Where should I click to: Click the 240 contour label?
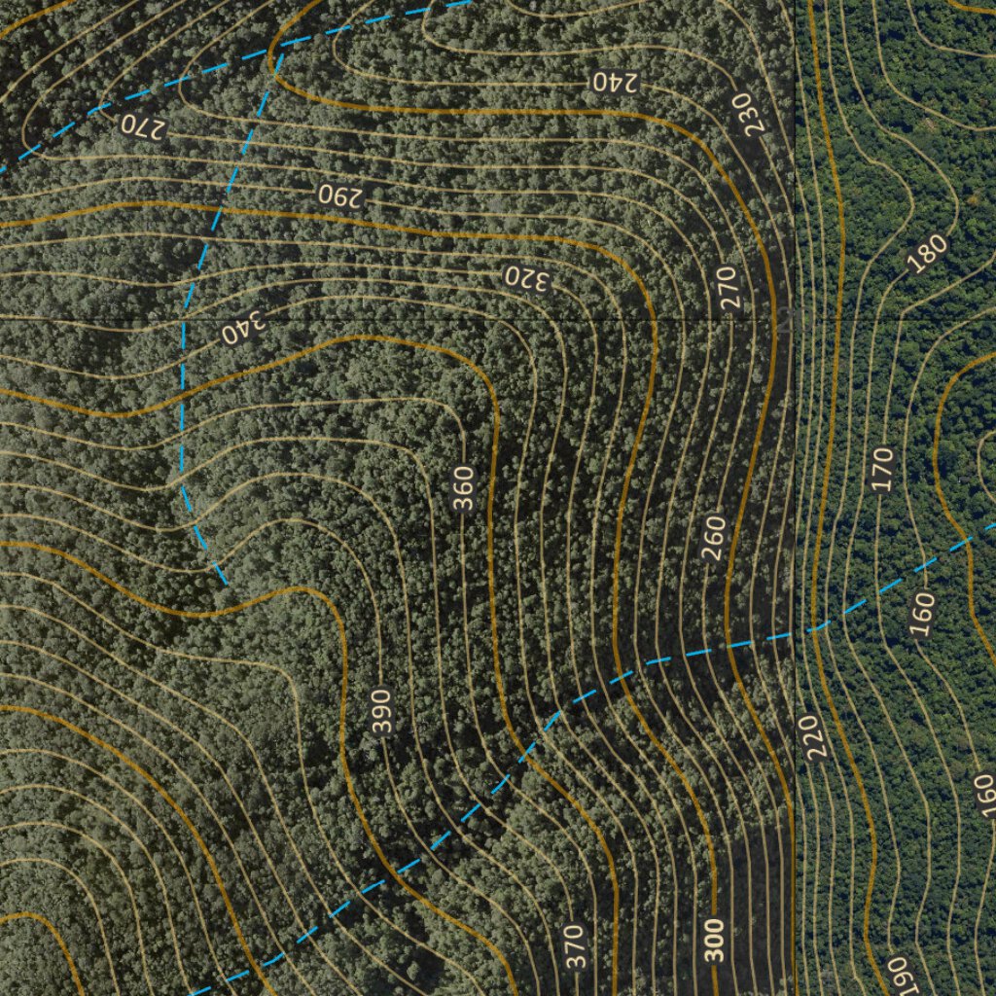[x=614, y=82]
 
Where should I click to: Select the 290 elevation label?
[x=339, y=195]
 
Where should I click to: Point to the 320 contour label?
[x=527, y=279]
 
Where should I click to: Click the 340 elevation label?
[x=242, y=330]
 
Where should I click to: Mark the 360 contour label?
[x=464, y=488]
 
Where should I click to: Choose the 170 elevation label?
[x=882, y=469]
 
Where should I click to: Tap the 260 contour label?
[x=714, y=537]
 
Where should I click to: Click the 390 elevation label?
[x=381, y=712]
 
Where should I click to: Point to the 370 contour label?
[x=575, y=946]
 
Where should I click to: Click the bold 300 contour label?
[x=715, y=940]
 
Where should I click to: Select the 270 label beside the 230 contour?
[x=730, y=288]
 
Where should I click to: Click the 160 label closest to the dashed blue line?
[x=922, y=614]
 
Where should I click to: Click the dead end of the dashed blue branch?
[x=227, y=583]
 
